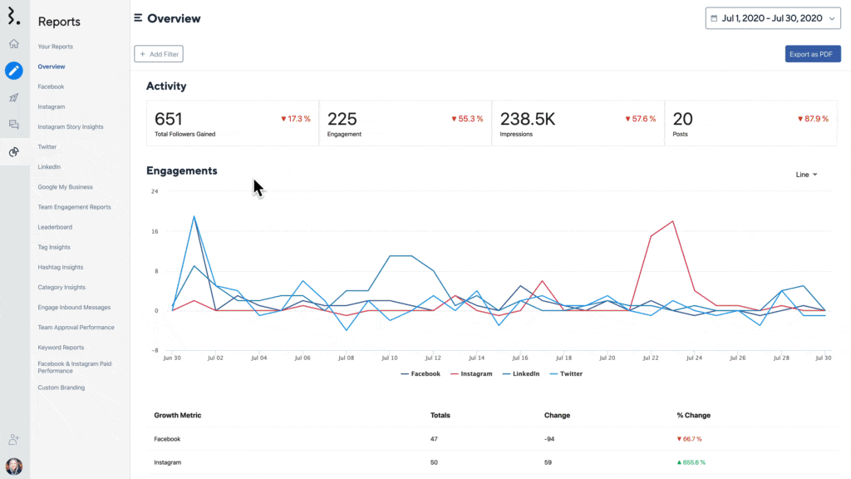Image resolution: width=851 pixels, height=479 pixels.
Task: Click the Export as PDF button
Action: click(x=813, y=54)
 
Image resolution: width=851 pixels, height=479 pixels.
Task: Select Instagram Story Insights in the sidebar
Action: click(x=71, y=127)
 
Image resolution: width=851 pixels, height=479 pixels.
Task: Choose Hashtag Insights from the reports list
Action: click(x=61, y=267)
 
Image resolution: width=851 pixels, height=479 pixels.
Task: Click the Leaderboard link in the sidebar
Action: click(x=55, y=227)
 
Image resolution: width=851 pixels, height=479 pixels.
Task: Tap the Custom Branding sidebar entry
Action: click(x=61, y=388)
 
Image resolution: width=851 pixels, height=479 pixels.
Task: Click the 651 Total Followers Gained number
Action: click(x=169, y=119)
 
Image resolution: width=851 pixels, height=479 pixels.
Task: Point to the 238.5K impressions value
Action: click(x=527, y=119)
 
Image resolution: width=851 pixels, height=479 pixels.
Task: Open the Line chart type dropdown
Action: click(x=806, y=175)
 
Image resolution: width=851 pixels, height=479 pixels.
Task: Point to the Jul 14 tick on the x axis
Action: click(x=475, y=358)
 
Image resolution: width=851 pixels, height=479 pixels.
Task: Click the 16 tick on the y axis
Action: click(x=155, y=231)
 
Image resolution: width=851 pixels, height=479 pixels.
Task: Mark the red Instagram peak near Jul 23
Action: click(x=672, y=222)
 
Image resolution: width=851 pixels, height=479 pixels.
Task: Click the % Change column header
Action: click(x=693, y=415)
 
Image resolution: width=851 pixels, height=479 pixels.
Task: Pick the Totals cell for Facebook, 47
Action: click(x=435, y=438)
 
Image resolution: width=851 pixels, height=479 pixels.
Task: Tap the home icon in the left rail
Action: click(x=14, y=43)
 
